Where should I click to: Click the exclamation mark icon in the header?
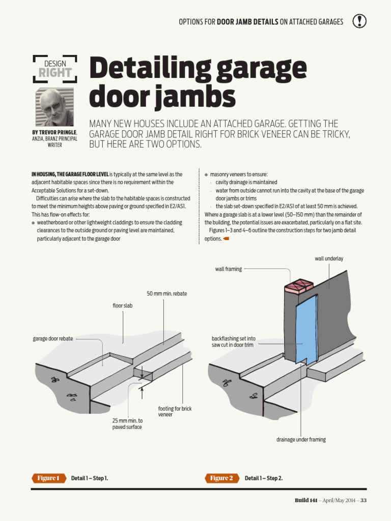tap(359, 21)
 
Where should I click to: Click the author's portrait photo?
tap(54, 107)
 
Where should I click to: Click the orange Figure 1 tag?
tap(49, 478)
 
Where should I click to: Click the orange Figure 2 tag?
tap(221, 478)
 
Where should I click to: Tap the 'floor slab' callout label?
tap(122, 305)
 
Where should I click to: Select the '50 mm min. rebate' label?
tap(166, 294)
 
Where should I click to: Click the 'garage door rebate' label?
tap(53, 338)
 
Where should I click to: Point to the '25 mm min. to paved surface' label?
tap(127, 424)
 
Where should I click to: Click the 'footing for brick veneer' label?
tap(175, 411)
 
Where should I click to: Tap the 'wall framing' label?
tap(229, 269)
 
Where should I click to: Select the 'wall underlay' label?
tap(329, 258)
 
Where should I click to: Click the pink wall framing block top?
tap(298, 286)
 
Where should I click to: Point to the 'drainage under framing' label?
tap(301, 439)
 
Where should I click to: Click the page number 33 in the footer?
tap(364, 500)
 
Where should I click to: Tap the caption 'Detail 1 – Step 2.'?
tap(264, 478)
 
